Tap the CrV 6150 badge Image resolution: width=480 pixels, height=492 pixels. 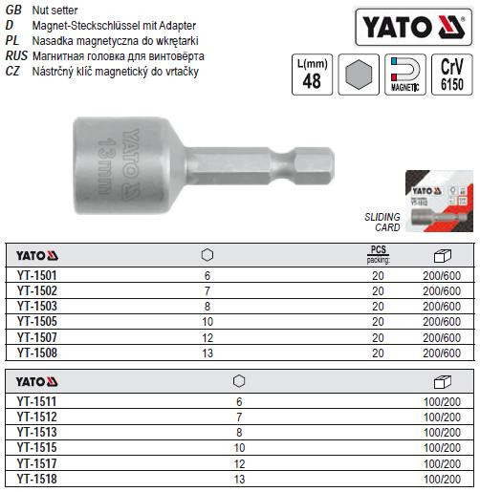tap(450, 75)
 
